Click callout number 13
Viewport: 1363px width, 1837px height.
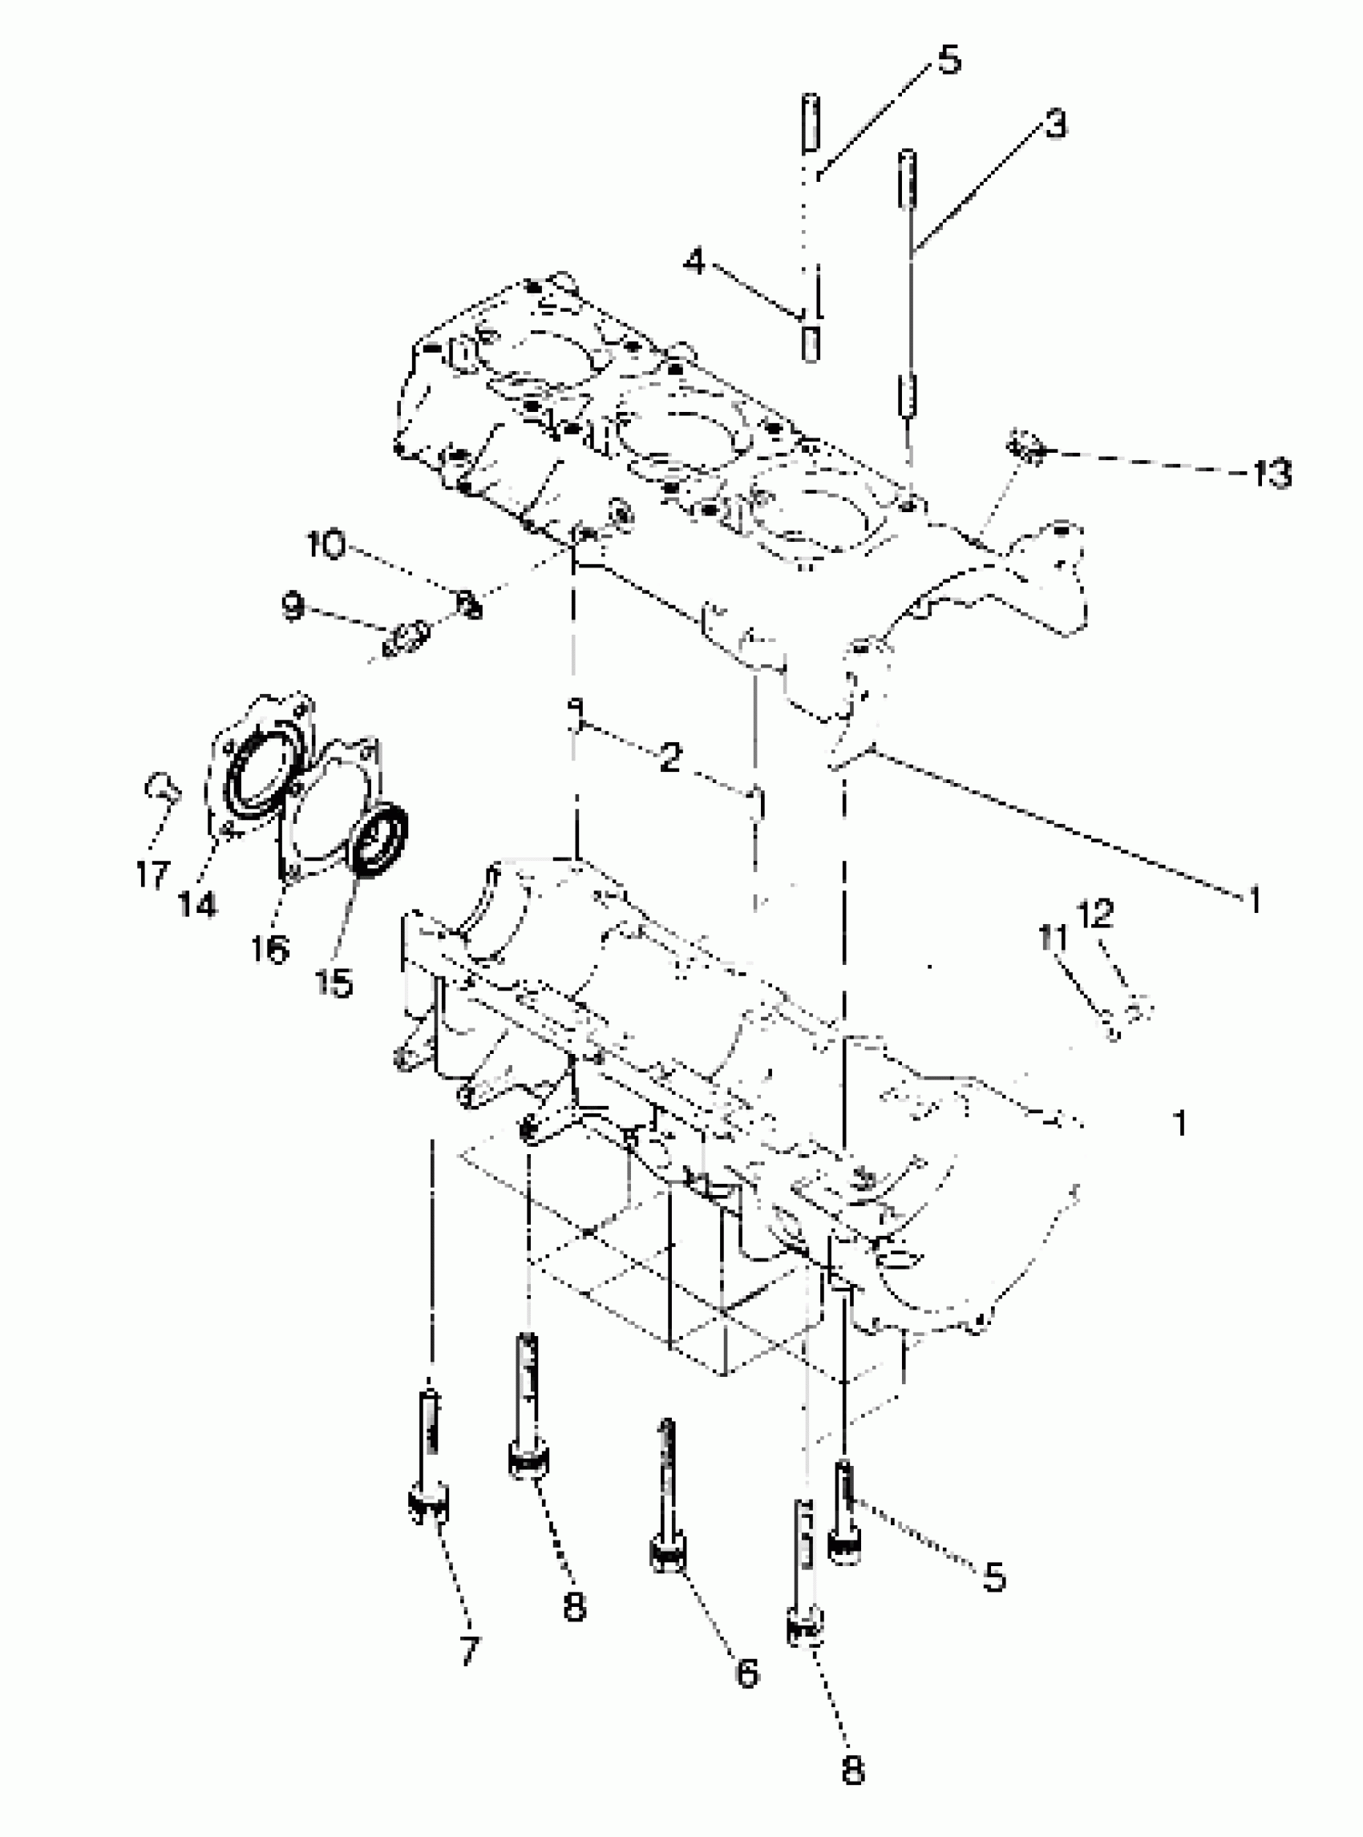(x=1271, y=474)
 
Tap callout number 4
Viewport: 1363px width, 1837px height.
(x=694, y=262)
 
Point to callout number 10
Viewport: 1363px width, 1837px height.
(x=325, y=545)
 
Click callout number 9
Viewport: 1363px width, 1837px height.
(x=292, y=606)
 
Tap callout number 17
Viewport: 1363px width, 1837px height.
(x=152, y=874)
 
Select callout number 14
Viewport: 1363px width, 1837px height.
(x=196, y=905)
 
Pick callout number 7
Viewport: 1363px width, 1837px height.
(x=469, y=1651)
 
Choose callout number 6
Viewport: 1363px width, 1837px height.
(x=746, y=1673)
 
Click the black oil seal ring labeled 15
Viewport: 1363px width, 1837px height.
(x=380, y=839)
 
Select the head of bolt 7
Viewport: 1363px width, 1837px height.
(x=429, y=1507)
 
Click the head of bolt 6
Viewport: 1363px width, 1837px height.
(x=669, y=1556)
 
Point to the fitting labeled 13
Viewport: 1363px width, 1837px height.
(x=1025, y=448)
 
